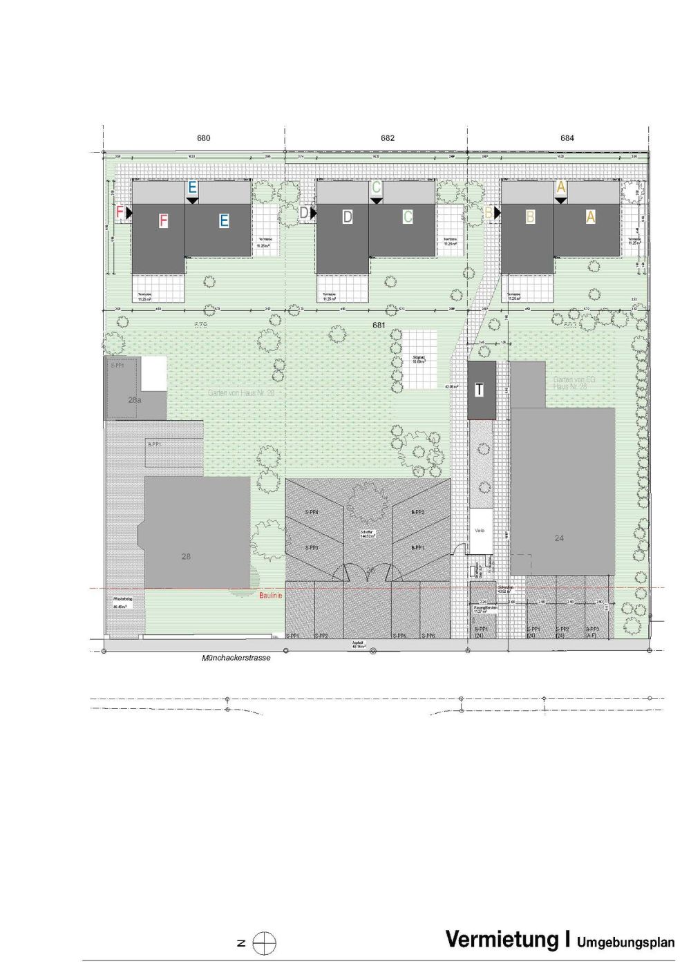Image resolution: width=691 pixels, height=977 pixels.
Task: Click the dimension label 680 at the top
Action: (203, 138)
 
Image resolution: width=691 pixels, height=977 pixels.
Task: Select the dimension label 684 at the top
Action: (568, 138)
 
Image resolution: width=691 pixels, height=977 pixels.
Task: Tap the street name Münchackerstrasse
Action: (236, 659)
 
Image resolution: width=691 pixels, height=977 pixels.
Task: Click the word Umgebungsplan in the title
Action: (625, 942)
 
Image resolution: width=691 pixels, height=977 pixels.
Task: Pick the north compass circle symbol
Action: (265, 943)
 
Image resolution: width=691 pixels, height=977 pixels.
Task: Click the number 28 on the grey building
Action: (185, 556)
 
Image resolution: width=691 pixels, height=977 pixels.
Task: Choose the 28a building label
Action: (135, 399)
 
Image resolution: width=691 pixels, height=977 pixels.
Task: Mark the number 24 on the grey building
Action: (559, 538)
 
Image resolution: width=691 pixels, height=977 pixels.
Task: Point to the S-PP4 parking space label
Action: (312, 513)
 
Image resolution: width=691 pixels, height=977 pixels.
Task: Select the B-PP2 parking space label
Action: (417, 513)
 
